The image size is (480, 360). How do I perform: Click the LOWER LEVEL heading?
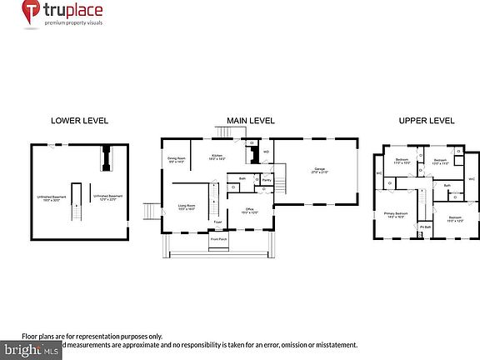80,121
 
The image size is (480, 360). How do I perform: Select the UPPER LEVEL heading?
427,121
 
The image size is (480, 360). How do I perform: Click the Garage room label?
318,171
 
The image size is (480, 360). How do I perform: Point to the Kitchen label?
217,157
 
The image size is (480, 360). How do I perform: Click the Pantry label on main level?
267,179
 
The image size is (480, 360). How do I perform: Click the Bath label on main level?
242,177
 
